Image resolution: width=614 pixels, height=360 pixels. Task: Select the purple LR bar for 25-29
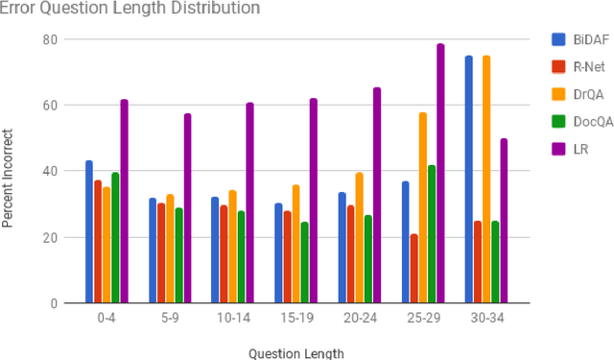(440, 174)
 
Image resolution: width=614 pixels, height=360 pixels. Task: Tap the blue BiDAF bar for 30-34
(468, 180)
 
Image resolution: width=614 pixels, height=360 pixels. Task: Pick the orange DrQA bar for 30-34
(486, 180)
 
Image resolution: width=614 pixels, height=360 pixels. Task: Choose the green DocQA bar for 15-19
(304, 262)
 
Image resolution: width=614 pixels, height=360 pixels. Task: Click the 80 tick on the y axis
(49, 39)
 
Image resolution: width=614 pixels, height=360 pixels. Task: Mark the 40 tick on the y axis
(49, 171)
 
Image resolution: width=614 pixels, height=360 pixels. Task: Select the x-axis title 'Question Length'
(296, 352)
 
